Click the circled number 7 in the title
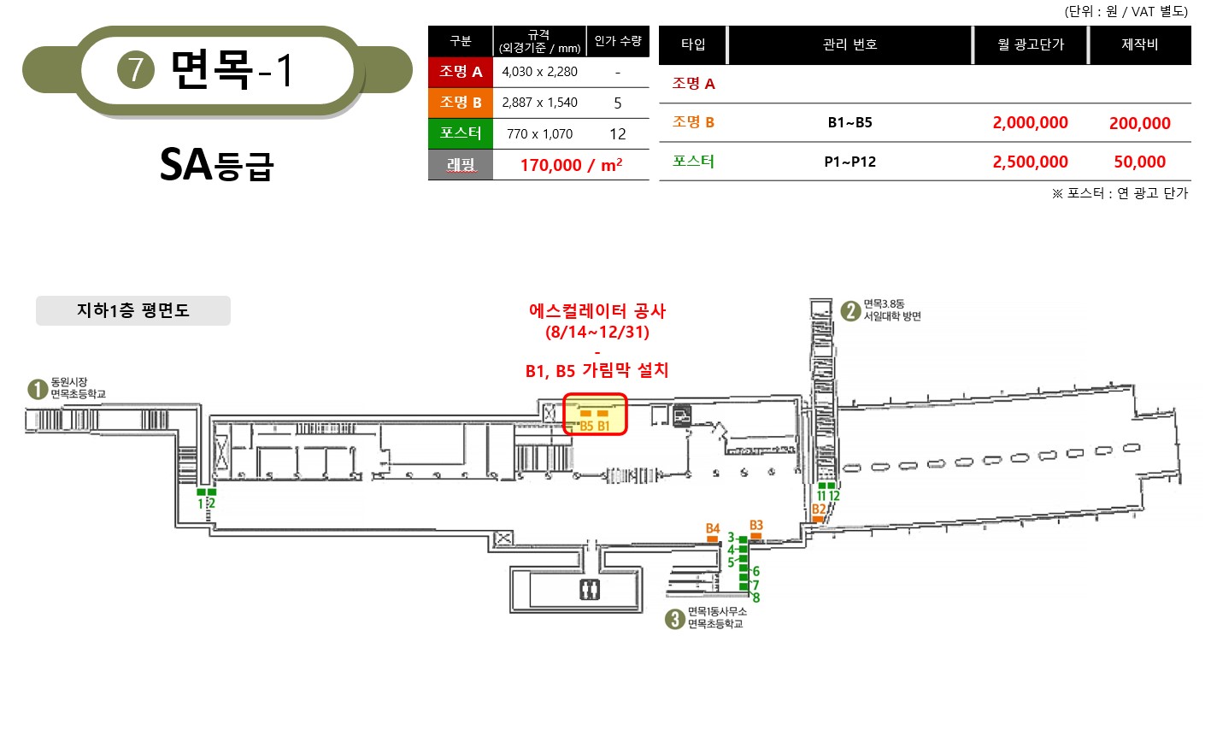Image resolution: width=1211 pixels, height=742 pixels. (135, 70)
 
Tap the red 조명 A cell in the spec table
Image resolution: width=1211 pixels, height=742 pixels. (461, 72)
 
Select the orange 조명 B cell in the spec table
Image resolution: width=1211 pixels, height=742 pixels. (461, 103)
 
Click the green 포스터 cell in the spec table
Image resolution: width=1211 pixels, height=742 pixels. (461, 133)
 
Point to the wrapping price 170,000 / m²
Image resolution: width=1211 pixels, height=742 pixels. (571, 165)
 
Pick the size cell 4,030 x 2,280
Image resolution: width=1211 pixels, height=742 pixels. (539, 72)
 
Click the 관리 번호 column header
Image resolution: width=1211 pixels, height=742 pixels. (849, 44)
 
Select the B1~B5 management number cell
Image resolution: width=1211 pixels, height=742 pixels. (849, 123)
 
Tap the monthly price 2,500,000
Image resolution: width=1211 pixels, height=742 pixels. (1030, 162)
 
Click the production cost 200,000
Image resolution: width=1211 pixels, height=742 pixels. (1139, 123)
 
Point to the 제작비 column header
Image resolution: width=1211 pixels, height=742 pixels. (1139, 44)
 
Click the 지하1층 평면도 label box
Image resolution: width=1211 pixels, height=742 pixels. (133, 310)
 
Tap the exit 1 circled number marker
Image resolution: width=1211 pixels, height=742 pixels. (38, 389)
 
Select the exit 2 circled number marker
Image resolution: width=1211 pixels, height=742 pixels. (850, 311)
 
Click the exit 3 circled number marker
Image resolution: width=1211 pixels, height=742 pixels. (674, 619)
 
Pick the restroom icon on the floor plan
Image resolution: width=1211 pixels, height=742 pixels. (590, 590)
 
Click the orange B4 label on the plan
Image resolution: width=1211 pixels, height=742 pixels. (713, 528)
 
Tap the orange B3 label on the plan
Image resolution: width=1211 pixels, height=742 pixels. (755, 525)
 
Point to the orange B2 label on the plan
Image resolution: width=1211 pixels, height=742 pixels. (819, 509)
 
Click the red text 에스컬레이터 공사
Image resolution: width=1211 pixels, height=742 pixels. (597, 311)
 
